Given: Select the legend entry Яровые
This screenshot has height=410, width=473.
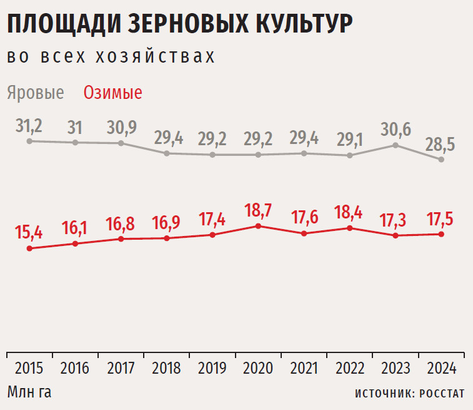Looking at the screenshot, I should pyautogui.click(x=36, y=93).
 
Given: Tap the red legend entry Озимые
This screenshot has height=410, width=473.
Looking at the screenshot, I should pyautogui.click(x=113, y=93).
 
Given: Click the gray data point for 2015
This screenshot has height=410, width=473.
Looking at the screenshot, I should pyautogui.click(x=29, y=141).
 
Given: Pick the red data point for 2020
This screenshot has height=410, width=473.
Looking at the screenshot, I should pyautogui.click(x=258, y=225).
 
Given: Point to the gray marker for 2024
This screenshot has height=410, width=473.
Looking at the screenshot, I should pyautogui.click(x=442, y=160).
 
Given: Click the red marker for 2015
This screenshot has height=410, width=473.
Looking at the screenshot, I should pyautogui.click(x=29, y=249).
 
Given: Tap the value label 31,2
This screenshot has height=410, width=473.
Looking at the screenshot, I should pyautogui.click(x=29, y=126).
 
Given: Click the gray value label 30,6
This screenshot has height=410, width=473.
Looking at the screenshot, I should pyautogui.click(x=396, y=129).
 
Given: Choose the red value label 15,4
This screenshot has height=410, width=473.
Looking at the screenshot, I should pyautogui.click(x=29, y=232).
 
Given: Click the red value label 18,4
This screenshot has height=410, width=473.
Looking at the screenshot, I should pyautogui.click(x=349, y=212).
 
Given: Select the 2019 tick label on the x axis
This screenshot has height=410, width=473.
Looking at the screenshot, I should pyautogui.click(x=212, y=368).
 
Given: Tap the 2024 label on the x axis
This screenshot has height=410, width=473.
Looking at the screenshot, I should pyautogui.click(x=441, y=368).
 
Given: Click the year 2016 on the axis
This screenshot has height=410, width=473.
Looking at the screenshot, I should pyautogui.click(x=75, y=368).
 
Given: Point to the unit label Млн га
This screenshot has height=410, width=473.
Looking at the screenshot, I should pyautogui.click(x=29, y=392).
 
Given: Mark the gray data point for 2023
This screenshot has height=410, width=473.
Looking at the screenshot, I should pyautogui.click(x=396, y=145).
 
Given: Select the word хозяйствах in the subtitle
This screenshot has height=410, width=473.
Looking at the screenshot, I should pyautogui.click(x=155, y=56).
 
